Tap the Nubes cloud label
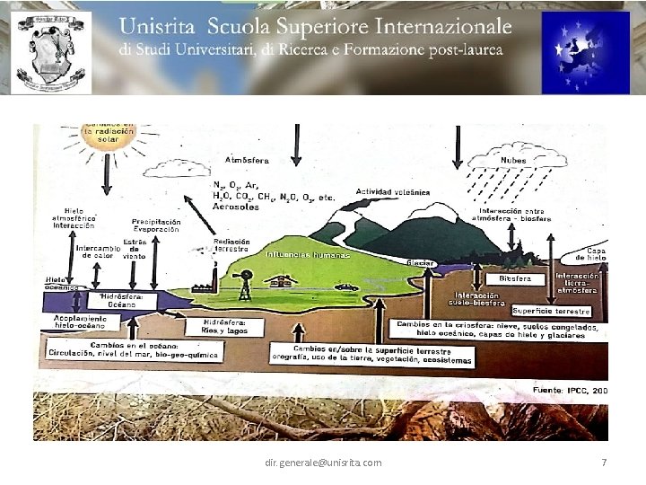coord(513,161)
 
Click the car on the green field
coord(346,288)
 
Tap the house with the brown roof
coord(288,280)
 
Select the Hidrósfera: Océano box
coord(117,300)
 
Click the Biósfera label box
coord(516,279)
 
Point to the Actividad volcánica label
coord(393,192)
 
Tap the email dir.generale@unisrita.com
coord(323,462)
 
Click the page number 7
coord(604,462)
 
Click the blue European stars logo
coord(585,52)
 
